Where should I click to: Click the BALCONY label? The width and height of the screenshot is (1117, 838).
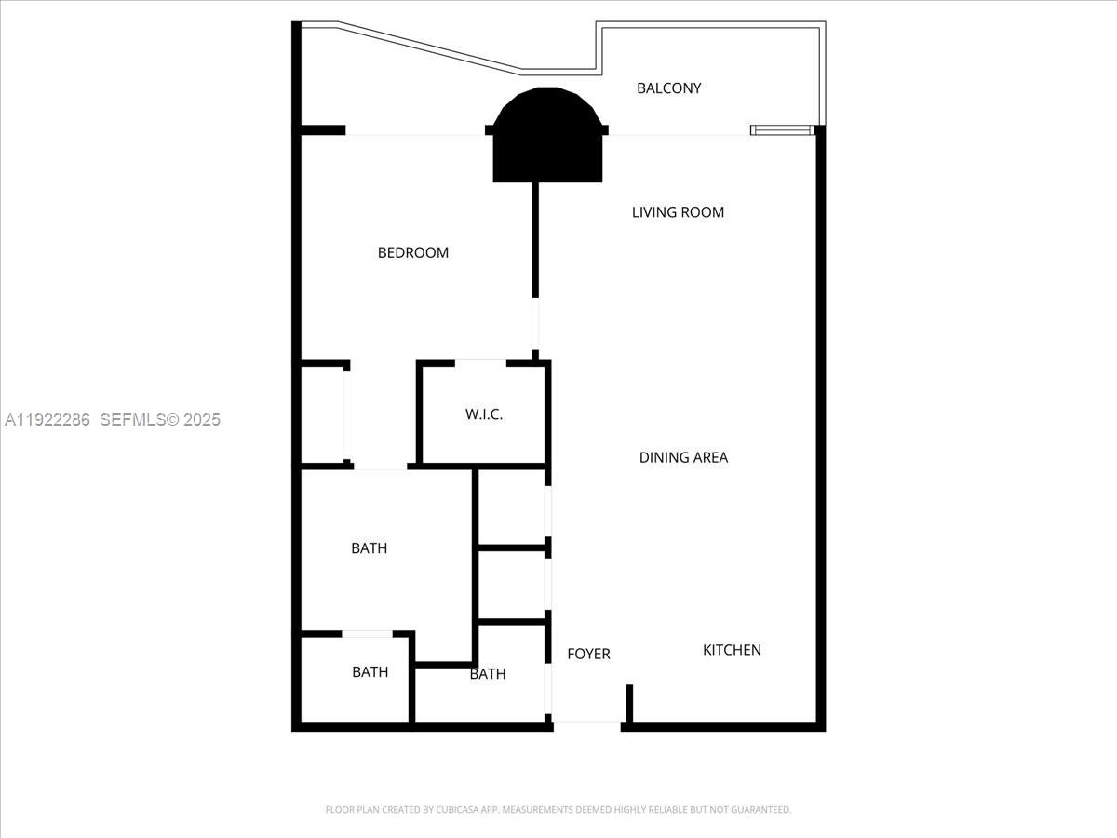[668, 88]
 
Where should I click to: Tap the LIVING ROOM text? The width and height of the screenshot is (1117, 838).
[678, 212]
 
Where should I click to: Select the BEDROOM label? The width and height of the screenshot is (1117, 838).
[412, 252]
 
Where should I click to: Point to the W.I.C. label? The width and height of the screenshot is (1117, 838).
[484, 414]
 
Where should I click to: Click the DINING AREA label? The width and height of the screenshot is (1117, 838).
[683, 457]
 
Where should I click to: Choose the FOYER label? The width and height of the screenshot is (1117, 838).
[588, 654]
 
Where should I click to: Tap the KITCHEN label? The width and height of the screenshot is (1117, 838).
[732, 650]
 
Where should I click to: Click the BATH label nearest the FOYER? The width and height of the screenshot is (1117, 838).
[487, 674]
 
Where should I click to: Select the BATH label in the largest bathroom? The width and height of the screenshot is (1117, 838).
[369, 548]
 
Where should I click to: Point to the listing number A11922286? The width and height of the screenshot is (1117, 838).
[47, 420]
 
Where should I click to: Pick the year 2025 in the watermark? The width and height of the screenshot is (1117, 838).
[202, 420]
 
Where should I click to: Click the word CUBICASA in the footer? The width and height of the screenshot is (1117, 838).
[455, 810]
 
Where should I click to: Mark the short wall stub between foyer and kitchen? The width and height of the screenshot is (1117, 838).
[629, 702]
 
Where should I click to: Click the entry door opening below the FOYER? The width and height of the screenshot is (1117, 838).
[587, 723]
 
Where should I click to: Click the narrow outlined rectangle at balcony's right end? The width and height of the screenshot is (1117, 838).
[782, 130]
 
